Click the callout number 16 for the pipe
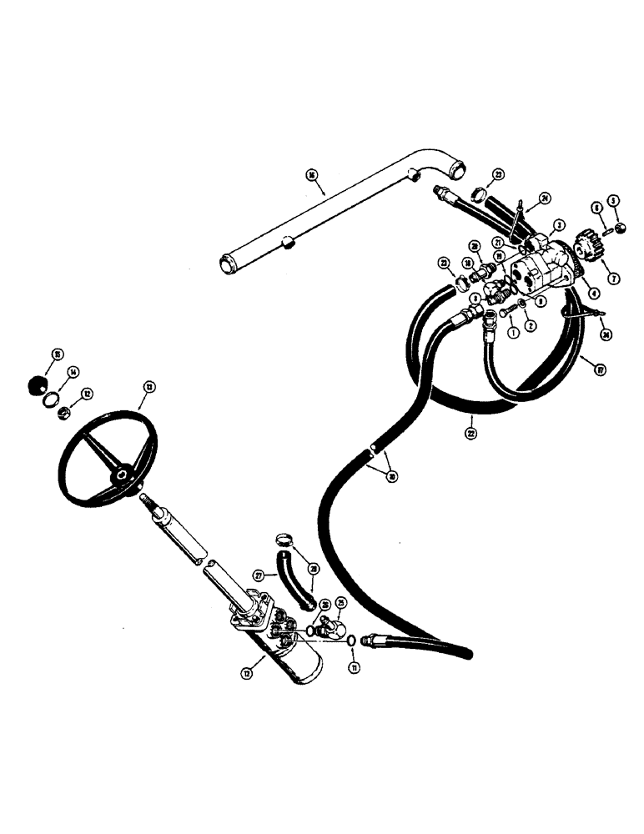point(311,175)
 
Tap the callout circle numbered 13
point(149,386)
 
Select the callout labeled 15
point(58,354)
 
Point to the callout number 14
point(73,372)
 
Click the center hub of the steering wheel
point(123,474)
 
